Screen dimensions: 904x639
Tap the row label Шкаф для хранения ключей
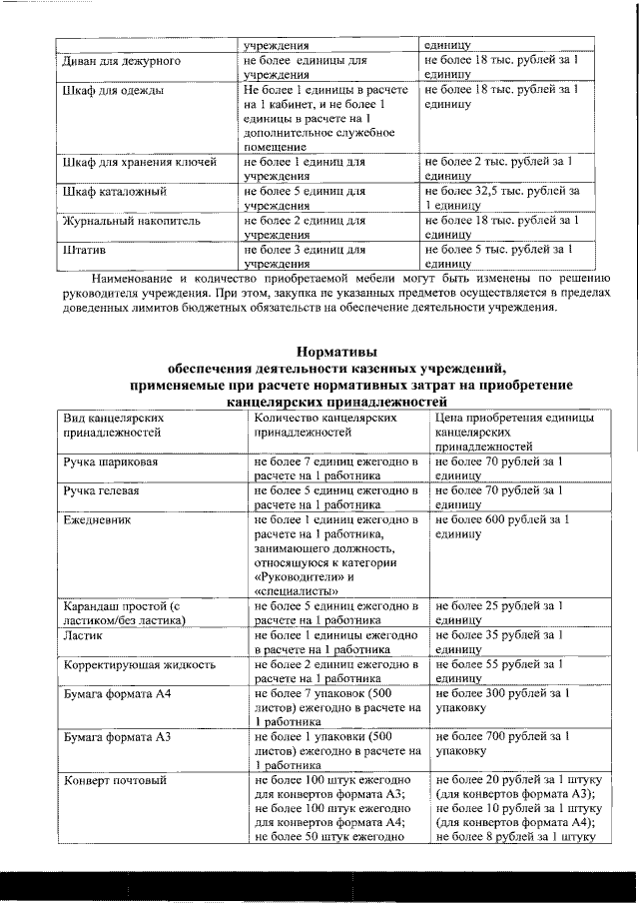pyautogui.click(x=139, y=163)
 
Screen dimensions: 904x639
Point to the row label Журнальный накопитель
pyautogui.click(x=125, y=220)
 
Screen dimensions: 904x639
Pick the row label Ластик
pyautogui.click(x=82, y=635)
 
